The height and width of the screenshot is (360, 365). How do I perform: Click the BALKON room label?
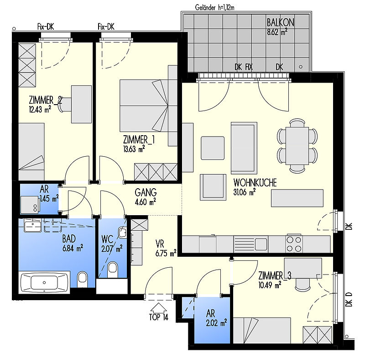[280, 23]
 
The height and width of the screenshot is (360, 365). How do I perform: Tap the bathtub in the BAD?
[45, 282]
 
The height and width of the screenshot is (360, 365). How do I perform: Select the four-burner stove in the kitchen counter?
[294, 244]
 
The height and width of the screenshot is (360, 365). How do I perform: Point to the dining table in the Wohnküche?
[297, 146]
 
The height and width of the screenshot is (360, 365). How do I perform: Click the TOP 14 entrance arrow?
[158, 307]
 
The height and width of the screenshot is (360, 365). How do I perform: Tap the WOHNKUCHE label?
[255, 183]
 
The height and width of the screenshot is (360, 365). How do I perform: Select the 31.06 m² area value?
[244, 192]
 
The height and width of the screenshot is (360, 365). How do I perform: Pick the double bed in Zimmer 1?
[144, 106]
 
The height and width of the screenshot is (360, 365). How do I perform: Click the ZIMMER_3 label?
[275, 276]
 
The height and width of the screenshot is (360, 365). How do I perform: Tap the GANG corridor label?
[146, 193]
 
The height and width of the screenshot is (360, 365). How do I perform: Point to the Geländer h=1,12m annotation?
[214, 8]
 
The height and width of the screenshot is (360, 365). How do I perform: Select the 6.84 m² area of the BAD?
[73, 249]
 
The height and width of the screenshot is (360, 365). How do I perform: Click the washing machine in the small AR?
[29, 205]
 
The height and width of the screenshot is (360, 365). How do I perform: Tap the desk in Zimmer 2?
[81, 104]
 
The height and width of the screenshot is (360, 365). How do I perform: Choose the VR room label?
[160, 244]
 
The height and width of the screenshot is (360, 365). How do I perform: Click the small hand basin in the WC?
[122, 232]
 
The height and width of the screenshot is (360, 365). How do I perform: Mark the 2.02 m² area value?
[216, 323]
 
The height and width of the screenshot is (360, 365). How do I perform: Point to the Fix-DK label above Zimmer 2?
[46, 27]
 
